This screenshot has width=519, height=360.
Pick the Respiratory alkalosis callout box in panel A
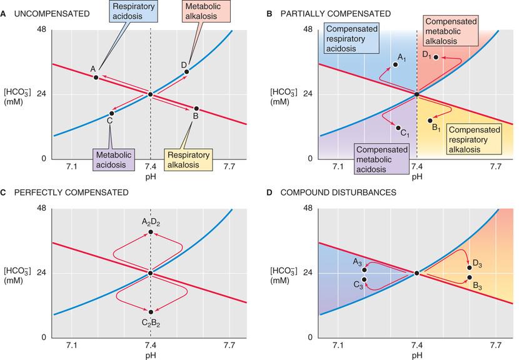(x=188, y=159)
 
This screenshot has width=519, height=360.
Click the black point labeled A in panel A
(x=96, y=77)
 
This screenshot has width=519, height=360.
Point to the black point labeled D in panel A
(x=186, y=72)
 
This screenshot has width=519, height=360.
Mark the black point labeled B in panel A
(x=196, y=109)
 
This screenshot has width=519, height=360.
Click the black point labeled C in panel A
(x=111, y=113)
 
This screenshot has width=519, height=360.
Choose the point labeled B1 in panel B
(x=430, y=121)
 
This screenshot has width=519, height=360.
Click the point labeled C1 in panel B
(x=398, y=127)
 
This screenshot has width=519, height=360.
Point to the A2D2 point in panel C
(x=151, y=232)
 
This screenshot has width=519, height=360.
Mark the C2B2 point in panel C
(x=151, y=311)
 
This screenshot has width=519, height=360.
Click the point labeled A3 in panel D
(x=365, y=269)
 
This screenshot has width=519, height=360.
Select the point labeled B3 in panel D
(x=470, y=277)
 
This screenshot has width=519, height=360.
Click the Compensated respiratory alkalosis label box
(x=474, y=139)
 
